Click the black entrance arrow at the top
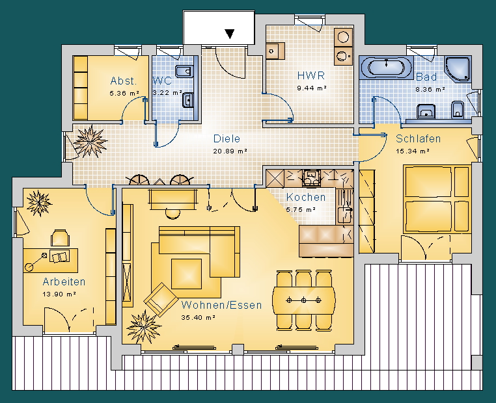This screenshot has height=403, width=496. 230,34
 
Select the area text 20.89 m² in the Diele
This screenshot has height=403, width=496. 230,151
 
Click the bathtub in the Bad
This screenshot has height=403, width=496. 386,67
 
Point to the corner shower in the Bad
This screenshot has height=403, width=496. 458,69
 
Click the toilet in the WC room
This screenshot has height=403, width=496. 184,71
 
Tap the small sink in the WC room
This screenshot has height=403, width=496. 188,101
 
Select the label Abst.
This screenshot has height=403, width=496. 124,81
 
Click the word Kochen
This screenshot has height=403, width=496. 305,197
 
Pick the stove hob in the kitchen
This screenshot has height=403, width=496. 312,177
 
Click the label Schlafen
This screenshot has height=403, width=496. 418,138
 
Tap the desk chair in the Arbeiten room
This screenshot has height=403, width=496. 60,238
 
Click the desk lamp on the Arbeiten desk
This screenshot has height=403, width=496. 36,261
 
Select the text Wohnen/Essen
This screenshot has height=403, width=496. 221,305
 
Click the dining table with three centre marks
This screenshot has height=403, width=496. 304,300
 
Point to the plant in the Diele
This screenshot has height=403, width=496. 90,142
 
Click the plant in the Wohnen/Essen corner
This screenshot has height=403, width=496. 144,326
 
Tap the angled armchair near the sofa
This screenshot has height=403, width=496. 161,300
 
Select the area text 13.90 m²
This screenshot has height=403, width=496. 59,294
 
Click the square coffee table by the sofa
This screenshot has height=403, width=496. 186,274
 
